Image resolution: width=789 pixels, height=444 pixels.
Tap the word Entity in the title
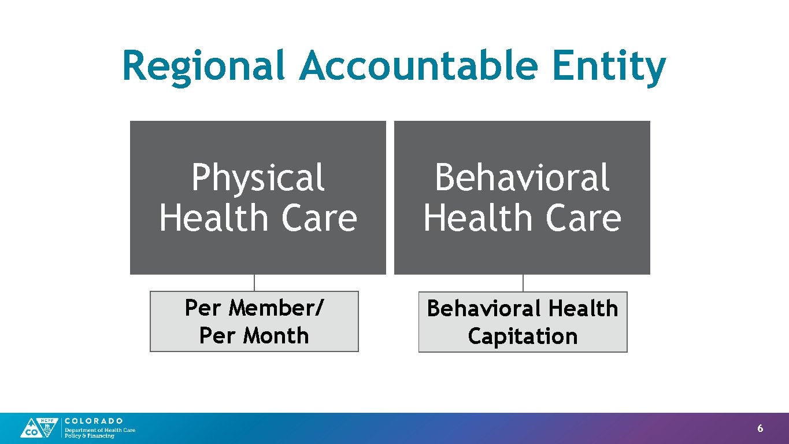click(609, 67)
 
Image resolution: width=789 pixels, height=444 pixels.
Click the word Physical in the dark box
click(258, 178)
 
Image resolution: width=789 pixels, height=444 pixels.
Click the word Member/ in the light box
click(276, 308)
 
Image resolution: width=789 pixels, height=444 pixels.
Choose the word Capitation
click(523, 336)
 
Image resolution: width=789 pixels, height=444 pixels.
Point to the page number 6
click(760, 428)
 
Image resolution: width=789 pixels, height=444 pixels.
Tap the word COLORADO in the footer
click(94, 421)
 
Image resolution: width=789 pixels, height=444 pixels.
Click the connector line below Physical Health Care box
click(254, 283)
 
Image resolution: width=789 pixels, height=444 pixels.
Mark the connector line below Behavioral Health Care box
click(523, 283)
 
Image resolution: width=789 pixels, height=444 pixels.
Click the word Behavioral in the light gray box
click(484, 308)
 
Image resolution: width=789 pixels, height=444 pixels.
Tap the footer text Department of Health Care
click(100, 430)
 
